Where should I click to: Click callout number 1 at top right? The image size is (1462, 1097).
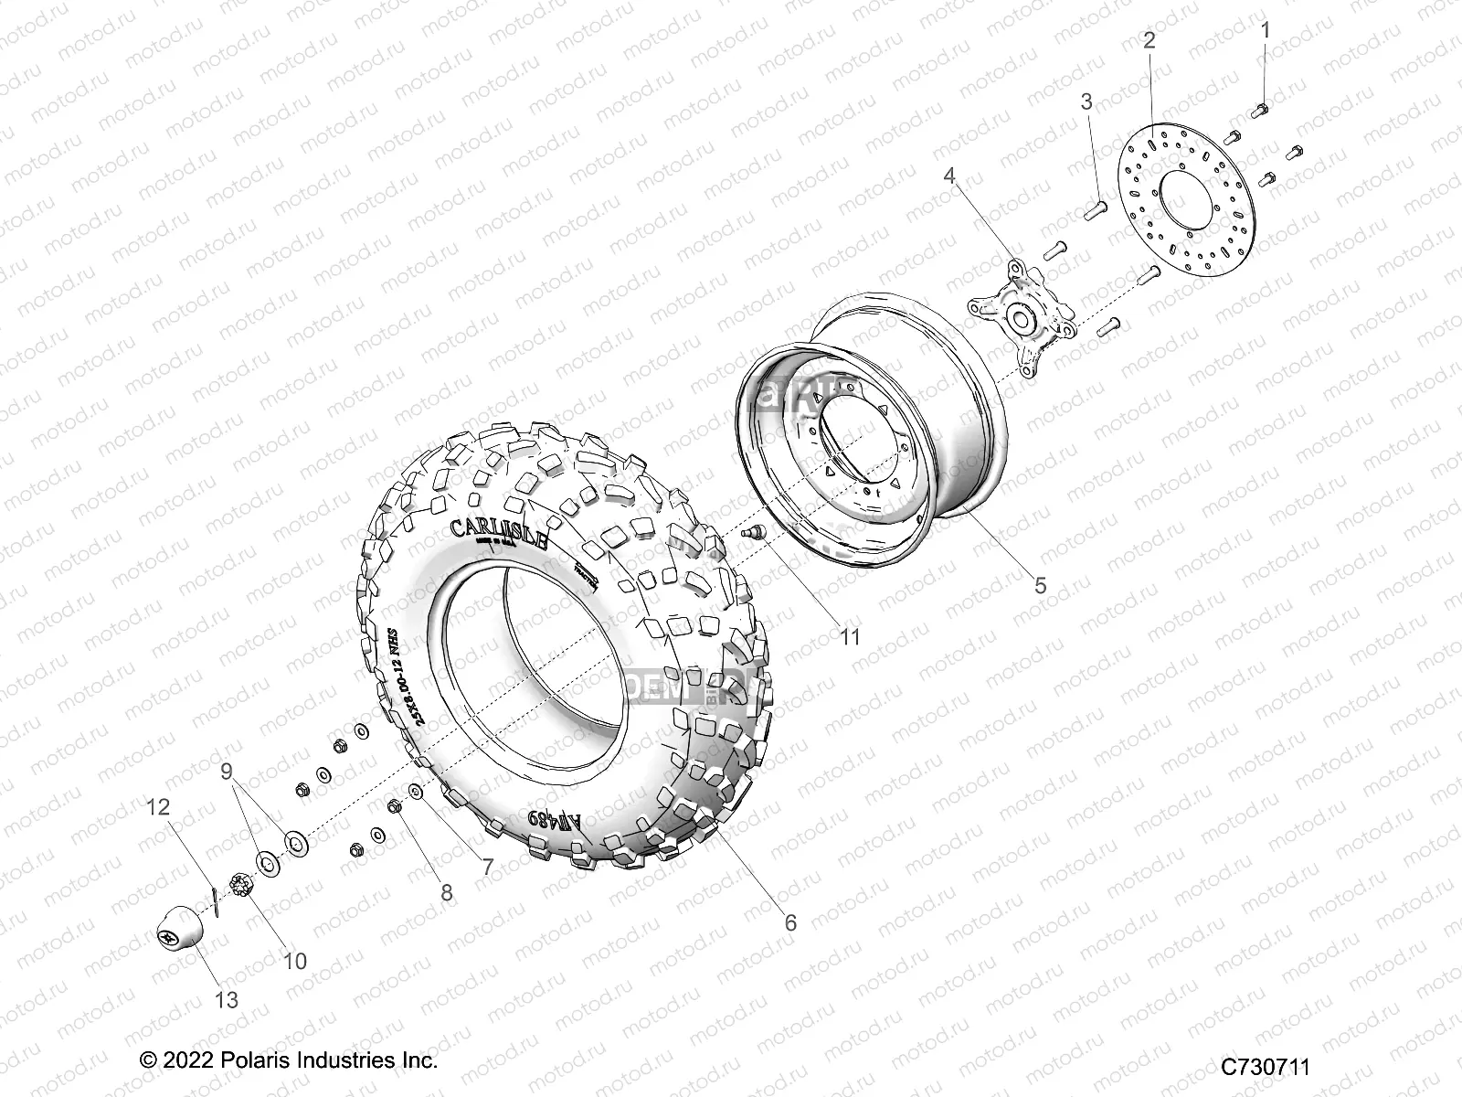click(1266, 30)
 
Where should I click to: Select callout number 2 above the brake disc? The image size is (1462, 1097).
click(1149, 39)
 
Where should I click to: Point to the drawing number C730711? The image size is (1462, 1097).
click(1266, 1067)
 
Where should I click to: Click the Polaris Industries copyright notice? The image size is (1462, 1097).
click(289, 1060)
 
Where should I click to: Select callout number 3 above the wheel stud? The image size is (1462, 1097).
click(1086, 102)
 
